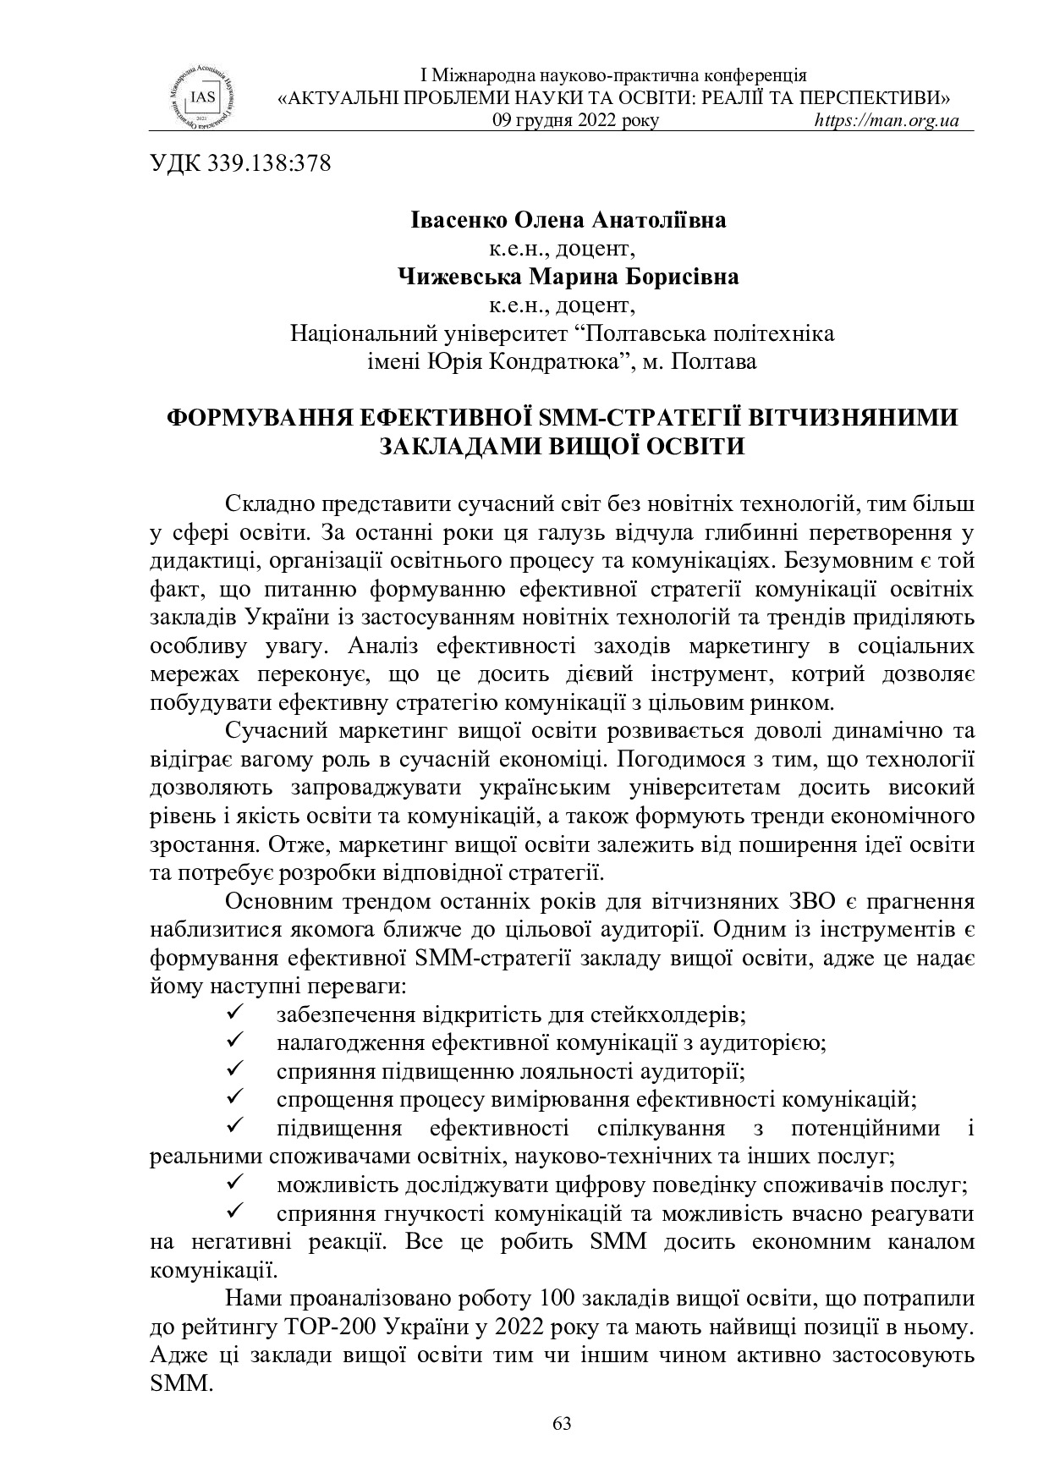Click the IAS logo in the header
[201, 96]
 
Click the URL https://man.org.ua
[886, 120]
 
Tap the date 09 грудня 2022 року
[575, 120]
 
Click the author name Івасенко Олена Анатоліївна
[568, 221]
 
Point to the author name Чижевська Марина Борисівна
[568, 277]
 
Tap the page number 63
[562, 1424]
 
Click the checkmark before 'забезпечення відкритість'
[236, 1012]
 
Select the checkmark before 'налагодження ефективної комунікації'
[236, 1041]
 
